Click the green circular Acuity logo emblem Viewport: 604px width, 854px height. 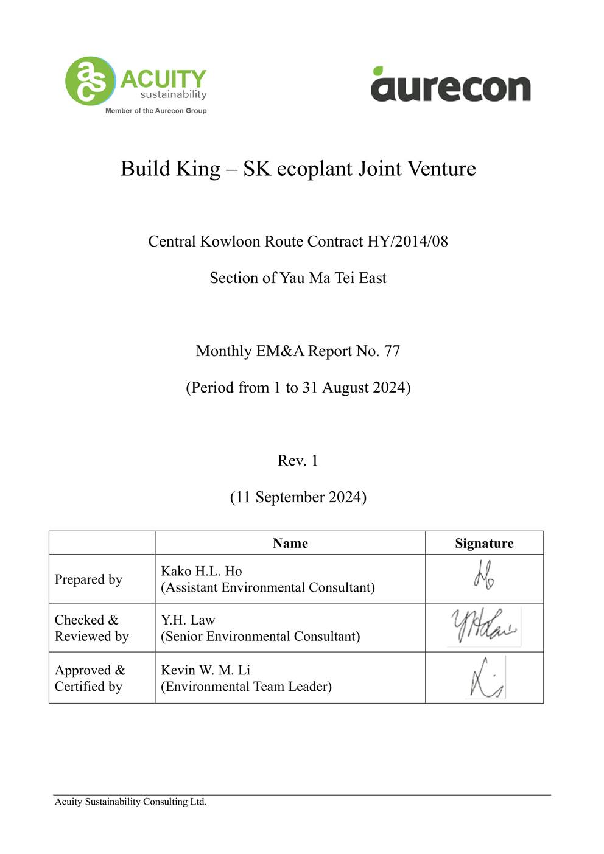pyautogui.click(x=90, y=81)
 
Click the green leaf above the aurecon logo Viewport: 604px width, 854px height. pyautogui.click(x=378, y=71)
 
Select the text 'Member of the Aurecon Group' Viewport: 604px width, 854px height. pyautogui.click(x=156, y=111)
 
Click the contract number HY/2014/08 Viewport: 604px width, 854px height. pyautogui.click(x=407, y=242)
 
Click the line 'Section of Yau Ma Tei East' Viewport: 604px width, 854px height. pyautogui.click(x=298, y=278)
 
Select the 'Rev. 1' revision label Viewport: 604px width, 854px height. pyautogui.click(x=298, y=461)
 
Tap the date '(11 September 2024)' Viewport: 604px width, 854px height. pyautogui.click(x=298, y=497)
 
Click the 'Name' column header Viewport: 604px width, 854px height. pyautogui.click(x=290, y=543)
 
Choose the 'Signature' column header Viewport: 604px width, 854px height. pyautogui.click(x=484, y=543)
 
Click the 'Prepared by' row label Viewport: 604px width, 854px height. pyautogui.click(x=88, y=579)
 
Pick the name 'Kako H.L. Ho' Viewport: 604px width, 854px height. pyautogui.click(x=201, y=571)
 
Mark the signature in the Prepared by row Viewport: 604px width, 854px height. pyautogui.click(x=484, y=575)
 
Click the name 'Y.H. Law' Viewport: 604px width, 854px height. pyautogui.click(x=188, y=620)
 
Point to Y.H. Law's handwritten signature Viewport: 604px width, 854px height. pyautogui.click(x=484, y=626)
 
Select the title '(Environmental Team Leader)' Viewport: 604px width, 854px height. pyautogui.click(x=246, y=687)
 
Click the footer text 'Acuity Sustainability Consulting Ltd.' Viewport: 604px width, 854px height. pyautogui.click(x=130, y=802)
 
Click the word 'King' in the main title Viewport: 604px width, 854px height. pyautogui.click(x=197, y=169)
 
